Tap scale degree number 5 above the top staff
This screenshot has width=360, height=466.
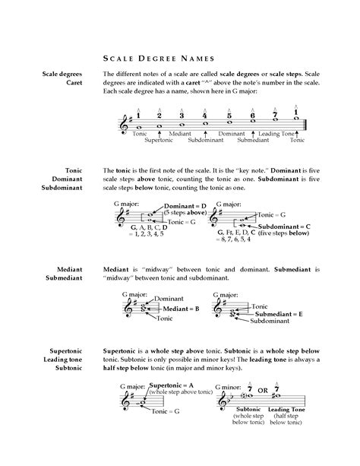pyautogui.click(x=229, y=116)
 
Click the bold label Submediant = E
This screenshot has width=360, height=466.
pyautogui.click(x=279, y=313)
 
